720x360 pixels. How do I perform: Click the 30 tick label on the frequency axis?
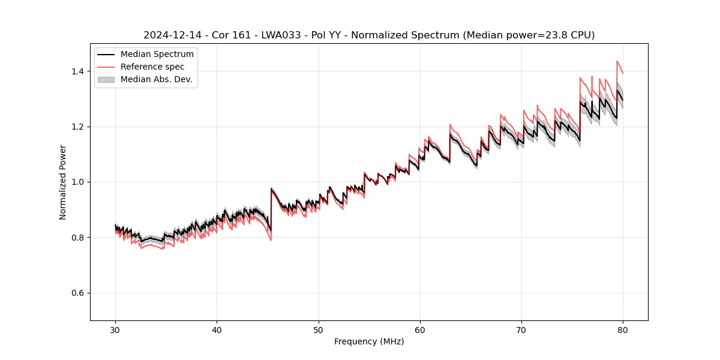coord(115,329)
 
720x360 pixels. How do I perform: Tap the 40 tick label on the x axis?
coord(217,329)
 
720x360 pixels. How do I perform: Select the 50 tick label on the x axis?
coord(318,329)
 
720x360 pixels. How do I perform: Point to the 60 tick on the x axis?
coord(420,329)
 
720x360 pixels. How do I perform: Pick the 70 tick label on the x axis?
coord(521,329)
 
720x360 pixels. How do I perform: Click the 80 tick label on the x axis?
coord(623,329)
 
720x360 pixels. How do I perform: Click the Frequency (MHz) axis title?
coord(369,341)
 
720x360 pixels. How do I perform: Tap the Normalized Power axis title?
coord(63,182)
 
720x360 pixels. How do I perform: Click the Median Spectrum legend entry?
coord(157,55)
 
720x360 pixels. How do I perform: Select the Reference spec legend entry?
coord(152,67)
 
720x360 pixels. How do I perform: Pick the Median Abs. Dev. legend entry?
coord(156,79)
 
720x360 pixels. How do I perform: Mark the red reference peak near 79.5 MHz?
coord(617,61)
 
